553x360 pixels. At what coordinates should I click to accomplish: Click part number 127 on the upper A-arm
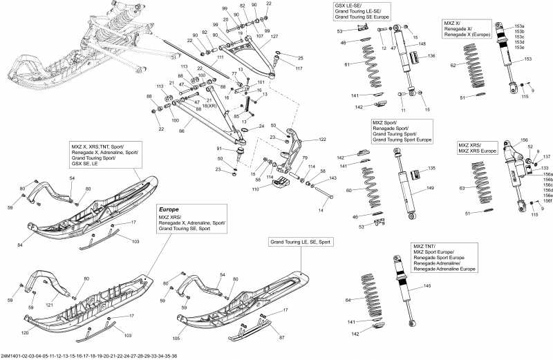[275, 36]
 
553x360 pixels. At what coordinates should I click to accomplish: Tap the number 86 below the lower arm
[182, 130]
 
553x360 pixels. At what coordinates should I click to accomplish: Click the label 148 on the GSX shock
[422, 44]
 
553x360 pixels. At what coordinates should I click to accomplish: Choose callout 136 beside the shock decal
[431, 55]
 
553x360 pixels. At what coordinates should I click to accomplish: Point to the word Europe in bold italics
[170, 209]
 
